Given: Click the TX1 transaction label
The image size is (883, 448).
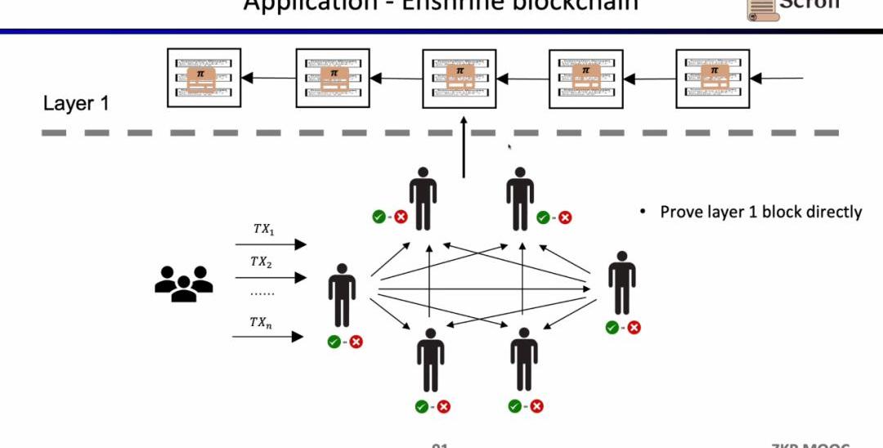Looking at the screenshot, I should point(262,230).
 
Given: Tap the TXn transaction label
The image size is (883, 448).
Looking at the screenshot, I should point(261,323).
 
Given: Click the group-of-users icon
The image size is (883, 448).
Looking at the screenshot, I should point(183,283).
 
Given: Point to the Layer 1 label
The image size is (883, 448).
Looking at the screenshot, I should point(76,104).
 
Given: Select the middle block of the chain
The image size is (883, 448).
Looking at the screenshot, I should point(459,78).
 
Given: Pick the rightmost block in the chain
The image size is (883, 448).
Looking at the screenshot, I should point(714,78).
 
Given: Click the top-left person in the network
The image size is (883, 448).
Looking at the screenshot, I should point(423,198).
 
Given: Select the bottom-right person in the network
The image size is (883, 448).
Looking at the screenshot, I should point(524,361).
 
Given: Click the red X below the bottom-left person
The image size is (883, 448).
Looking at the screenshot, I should point(444,406).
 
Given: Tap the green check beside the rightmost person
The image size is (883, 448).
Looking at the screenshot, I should point(612,327).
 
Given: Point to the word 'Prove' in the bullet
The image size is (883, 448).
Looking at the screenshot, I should point(680,213).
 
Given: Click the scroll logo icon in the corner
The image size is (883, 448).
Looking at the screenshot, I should point(760,8).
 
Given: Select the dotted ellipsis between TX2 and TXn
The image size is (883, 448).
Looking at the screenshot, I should point(262,292).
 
